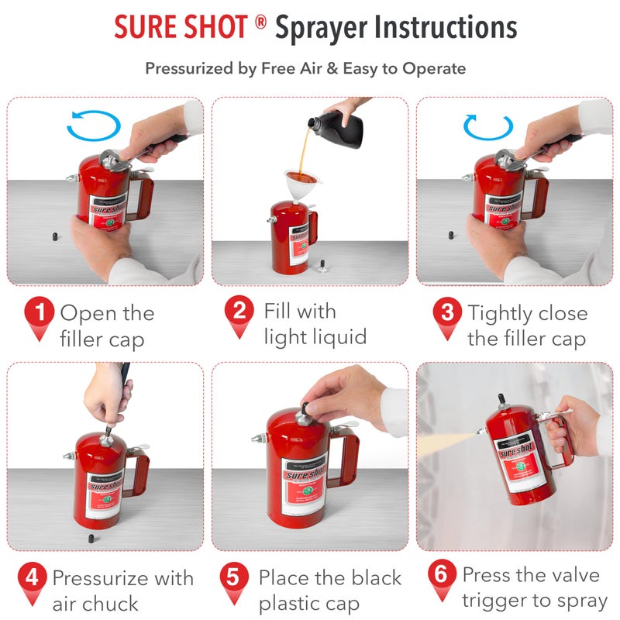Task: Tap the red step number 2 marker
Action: pyautogui.click(x=239, y=313)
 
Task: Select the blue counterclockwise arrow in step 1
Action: pyautogui.click(x=94, y=125)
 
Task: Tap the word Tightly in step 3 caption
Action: pyautogui.click(x=501, y=314)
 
